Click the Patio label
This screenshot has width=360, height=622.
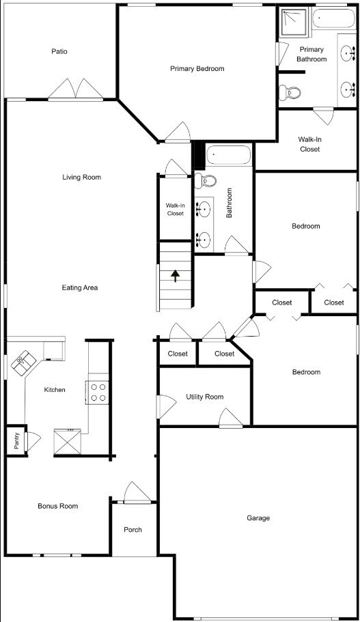59,51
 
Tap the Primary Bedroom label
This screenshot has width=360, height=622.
197,68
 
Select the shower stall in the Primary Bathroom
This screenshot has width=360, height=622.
293,23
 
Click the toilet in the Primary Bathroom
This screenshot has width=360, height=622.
292,92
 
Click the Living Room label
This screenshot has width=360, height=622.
81,178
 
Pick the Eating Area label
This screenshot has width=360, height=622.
80,287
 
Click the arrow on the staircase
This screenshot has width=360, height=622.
176,275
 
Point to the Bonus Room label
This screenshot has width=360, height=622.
57,506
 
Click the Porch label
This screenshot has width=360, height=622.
133,530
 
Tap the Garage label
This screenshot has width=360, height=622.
258,518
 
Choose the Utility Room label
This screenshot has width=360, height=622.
204,397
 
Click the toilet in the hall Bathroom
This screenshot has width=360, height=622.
205,181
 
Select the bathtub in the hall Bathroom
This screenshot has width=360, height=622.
229,156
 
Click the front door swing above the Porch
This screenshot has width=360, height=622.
137,492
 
